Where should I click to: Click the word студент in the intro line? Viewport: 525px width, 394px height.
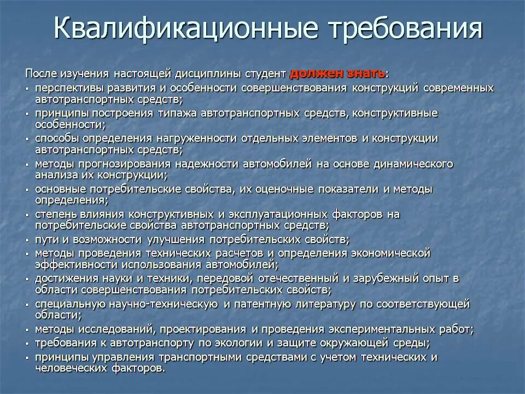[266, 74]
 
